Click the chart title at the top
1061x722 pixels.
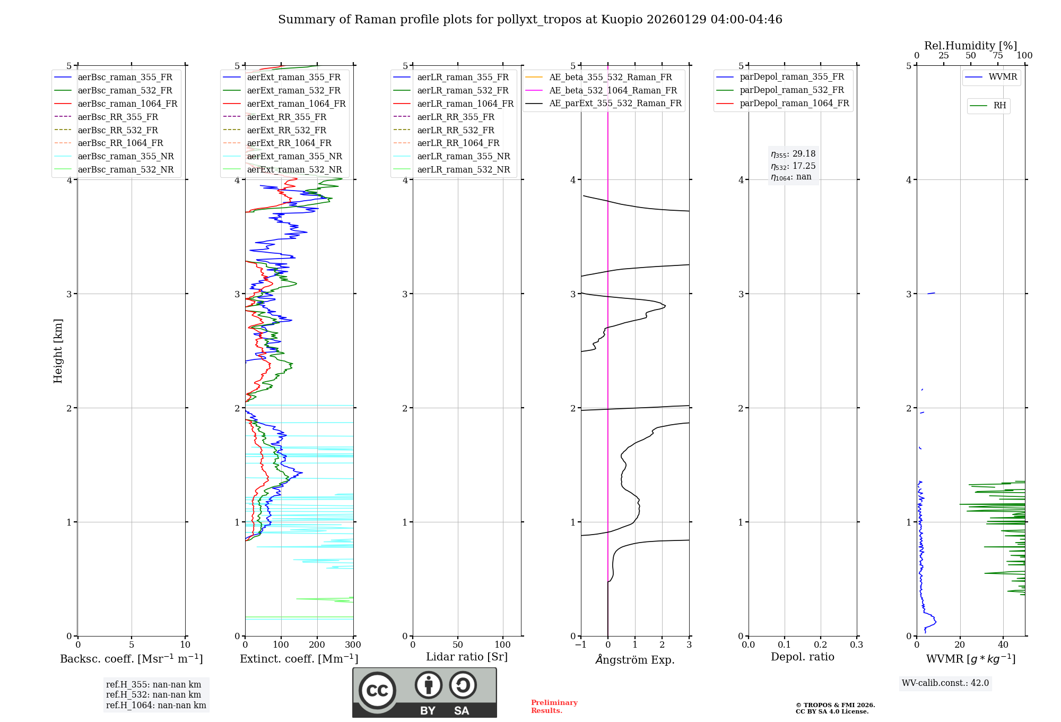tap(530, 20)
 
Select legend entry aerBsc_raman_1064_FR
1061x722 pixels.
tap(127, 104)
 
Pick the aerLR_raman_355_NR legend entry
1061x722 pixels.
tap(463, 157)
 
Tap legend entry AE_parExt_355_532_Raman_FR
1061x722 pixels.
tap(615, 104)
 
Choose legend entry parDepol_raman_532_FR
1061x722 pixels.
tap(792, 90)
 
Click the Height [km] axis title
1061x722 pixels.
tap(58, 351)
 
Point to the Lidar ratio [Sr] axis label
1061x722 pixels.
tap(467, 657)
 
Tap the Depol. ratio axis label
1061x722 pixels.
tap(802, 657)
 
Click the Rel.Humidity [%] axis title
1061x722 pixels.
tap(970, 46)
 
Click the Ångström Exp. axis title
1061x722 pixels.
tap(635, 660)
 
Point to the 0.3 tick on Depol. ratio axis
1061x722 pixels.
tap(856, 645)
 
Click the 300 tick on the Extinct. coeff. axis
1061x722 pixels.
tap(353, 645)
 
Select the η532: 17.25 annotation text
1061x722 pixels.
tap(793, 166)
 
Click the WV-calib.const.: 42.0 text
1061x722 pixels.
tap(945, 683)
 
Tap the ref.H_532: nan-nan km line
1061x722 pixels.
tap(153, 695)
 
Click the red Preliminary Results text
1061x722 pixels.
tap(554, 707)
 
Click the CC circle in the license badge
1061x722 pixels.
tap(377, 691)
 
